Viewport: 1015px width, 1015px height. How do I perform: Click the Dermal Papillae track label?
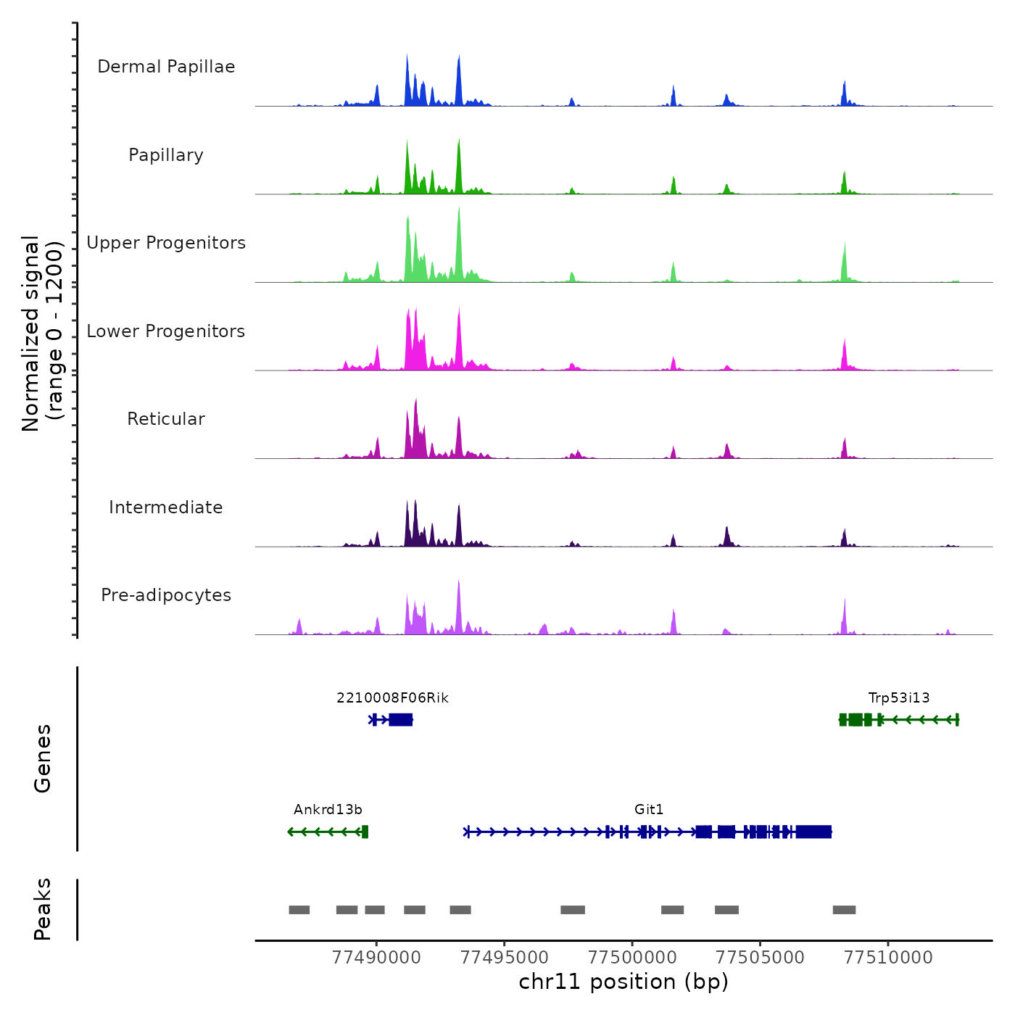[x=166, y=67]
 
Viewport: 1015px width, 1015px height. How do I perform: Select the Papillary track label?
[x=166, y=155]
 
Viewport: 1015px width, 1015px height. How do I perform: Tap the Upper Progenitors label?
[x=166, y=243]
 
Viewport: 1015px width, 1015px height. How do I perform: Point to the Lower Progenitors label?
[x=166, y=331]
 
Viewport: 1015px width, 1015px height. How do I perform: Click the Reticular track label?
[x=166, y=419]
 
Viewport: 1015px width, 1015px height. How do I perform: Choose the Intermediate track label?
[x=166, y=507]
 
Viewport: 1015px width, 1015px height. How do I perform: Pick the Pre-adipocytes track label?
[x=166, y=595]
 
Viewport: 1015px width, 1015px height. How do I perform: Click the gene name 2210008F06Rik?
[x=392, y=698]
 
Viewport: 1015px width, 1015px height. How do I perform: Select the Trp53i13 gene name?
[x=899, y=698]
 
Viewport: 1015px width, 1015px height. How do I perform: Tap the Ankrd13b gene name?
[x=328, y=810]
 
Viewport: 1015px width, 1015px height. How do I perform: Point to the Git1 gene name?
[x=649, y=810]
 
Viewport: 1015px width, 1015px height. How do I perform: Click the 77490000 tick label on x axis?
[x=376, y=958]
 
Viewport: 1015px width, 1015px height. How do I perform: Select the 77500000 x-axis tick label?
[x=632, y=958]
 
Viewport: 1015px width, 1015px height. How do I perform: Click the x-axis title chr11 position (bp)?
[x=623, y=982]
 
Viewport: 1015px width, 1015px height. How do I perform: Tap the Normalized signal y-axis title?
[x=42, y=333]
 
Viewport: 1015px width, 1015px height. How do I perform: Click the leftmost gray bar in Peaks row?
[x=299, y=910]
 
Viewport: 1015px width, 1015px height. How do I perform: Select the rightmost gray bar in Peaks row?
[x=844, y=910]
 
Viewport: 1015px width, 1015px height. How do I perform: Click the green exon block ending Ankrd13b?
[x=365, y=832]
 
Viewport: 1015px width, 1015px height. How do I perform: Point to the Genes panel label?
[x=43, y=758]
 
